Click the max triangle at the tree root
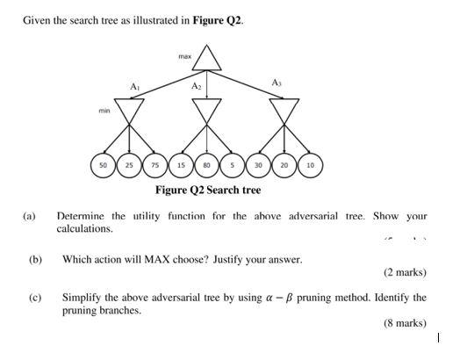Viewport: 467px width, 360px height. [x=207, y=57]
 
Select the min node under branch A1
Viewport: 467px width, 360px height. [x=130, y=110]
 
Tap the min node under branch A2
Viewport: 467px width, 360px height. [x=207, y=110]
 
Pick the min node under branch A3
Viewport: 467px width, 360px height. [x=284, y=110]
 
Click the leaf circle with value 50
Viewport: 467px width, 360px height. [x=104, y=164]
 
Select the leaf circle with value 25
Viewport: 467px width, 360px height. [x=129, y=164]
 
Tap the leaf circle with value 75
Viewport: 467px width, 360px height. [x=154, y=164]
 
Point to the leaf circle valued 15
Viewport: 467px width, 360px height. [x=181, y=164]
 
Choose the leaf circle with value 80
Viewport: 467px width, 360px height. [x=206, y=164]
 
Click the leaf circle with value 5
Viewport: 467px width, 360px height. [x=232, y=164]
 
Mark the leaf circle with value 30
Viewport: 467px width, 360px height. [x=258, y=164]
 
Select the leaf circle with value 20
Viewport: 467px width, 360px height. [x=284, y=164]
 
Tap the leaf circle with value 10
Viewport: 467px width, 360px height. [x=310, y=164]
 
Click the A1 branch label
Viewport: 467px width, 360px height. [x=134, y=87]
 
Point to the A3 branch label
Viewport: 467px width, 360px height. [x=277, y=82]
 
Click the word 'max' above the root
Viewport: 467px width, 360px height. [x=184, y=56]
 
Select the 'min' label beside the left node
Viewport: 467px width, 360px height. [x=104, y=112]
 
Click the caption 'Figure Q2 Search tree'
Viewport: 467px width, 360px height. [x=207, y=190]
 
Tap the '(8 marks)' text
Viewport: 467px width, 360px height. [x=405, y=323]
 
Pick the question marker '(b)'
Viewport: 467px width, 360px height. [x=35, y=260]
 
